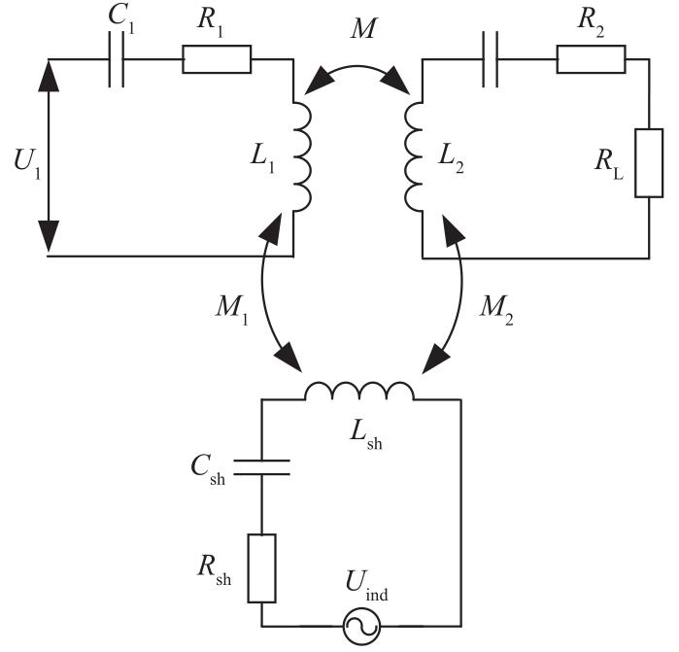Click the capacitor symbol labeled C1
tap(119, 60)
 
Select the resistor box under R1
tap(217, 60)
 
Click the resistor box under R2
tap(591, 60)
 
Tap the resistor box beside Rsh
tap(263, 566)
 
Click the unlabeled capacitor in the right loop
tap(491, 60)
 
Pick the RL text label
tap(610, 161)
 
